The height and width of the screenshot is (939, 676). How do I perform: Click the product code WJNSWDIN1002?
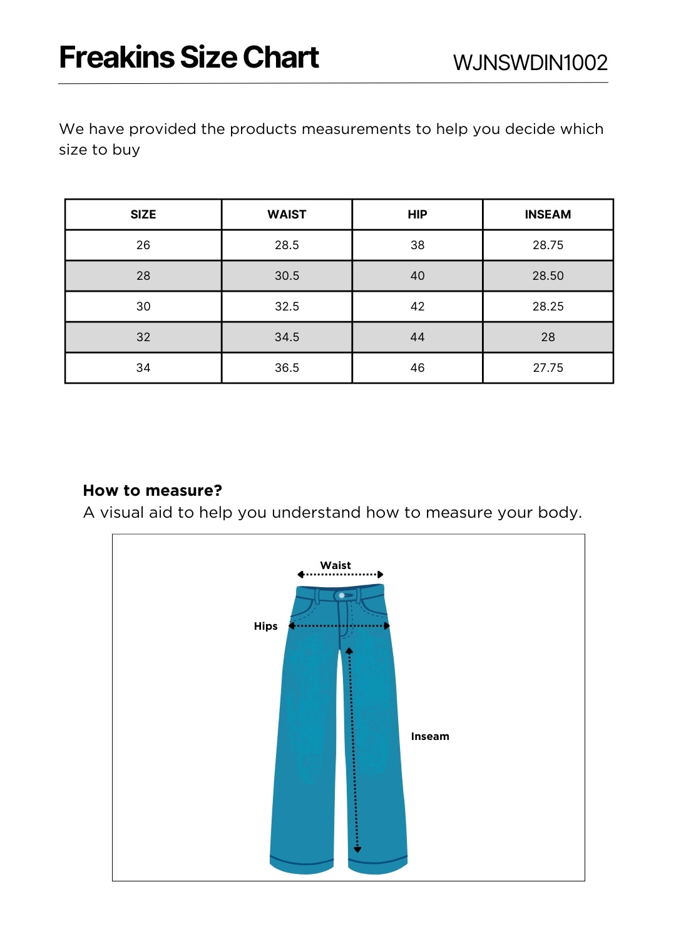[530, 63]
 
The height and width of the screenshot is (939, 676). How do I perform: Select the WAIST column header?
[287, 214]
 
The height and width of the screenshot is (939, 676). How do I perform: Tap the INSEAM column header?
[548, 214]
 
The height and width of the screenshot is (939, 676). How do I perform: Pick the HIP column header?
[417, 214]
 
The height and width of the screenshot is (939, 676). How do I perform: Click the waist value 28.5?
[287, 245]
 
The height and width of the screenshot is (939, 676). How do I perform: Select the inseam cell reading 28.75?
[548, 245]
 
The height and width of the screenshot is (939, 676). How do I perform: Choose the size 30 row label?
[143, 306]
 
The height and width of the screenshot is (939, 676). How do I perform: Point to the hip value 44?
[417, 337]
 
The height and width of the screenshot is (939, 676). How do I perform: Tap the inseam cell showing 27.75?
[548, 367]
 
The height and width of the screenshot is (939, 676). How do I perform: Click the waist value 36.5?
[287, 367]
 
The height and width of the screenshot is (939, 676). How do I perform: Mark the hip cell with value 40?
[417, 275]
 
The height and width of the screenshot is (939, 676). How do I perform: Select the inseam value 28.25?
[548, 306]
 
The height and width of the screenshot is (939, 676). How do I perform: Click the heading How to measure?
[153, 490]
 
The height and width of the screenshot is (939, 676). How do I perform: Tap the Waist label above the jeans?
[335, 565]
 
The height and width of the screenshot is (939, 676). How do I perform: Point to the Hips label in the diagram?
[265, 626]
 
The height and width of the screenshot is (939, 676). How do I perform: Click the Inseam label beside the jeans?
[430, 736]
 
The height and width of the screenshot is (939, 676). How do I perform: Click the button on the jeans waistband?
[342, 595]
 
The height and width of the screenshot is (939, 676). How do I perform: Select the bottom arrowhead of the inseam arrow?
[357, 849]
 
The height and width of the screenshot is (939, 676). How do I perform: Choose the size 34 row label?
[143, 367]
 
